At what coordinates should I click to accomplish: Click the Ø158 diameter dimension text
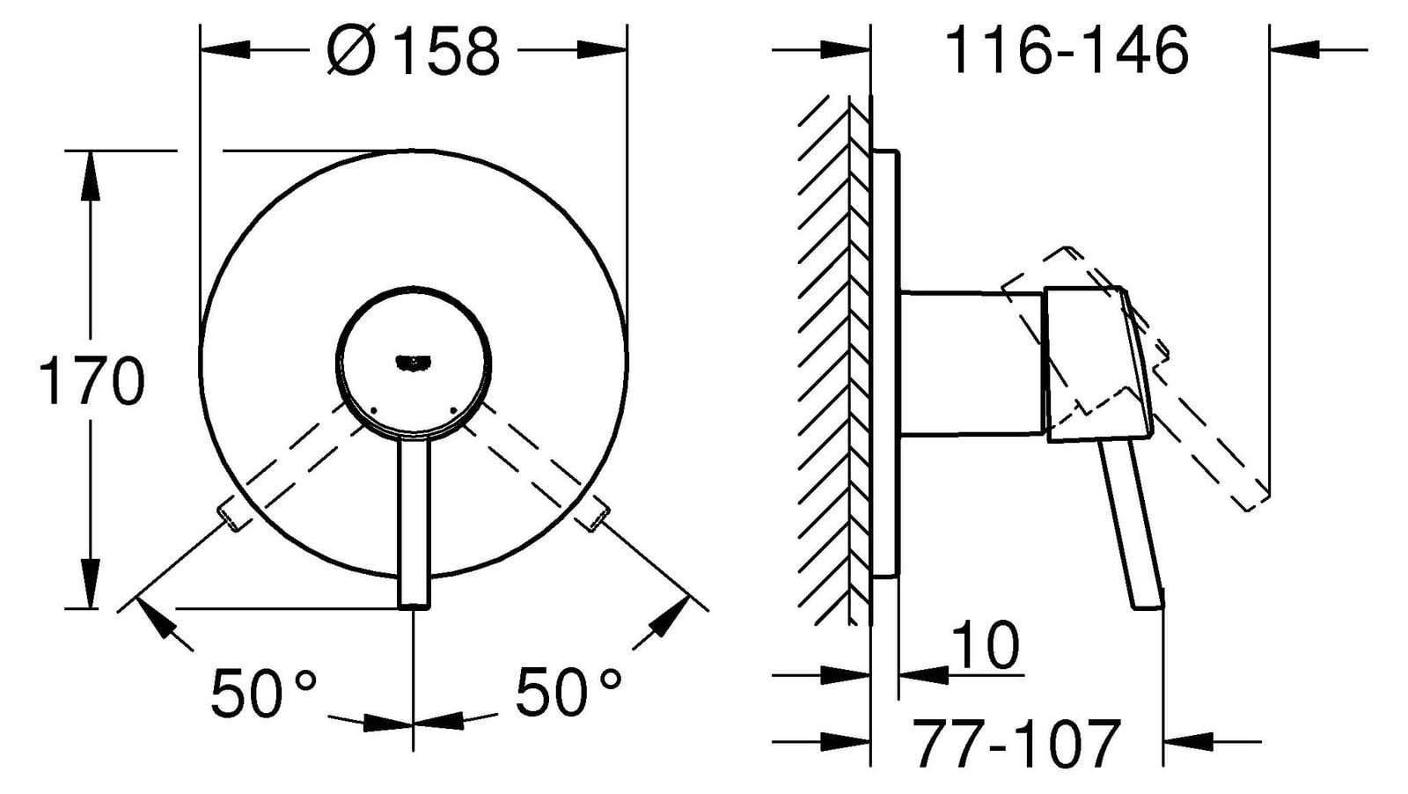point(414,49)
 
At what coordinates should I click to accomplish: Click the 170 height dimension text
point(92,381)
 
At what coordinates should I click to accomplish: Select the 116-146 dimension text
point(1067,49)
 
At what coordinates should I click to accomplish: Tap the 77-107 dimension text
point(1016,744)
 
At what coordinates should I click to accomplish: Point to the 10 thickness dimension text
point(985,645)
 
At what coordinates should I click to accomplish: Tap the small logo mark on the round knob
point(413,362)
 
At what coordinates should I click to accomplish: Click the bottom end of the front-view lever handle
point(414,606)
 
